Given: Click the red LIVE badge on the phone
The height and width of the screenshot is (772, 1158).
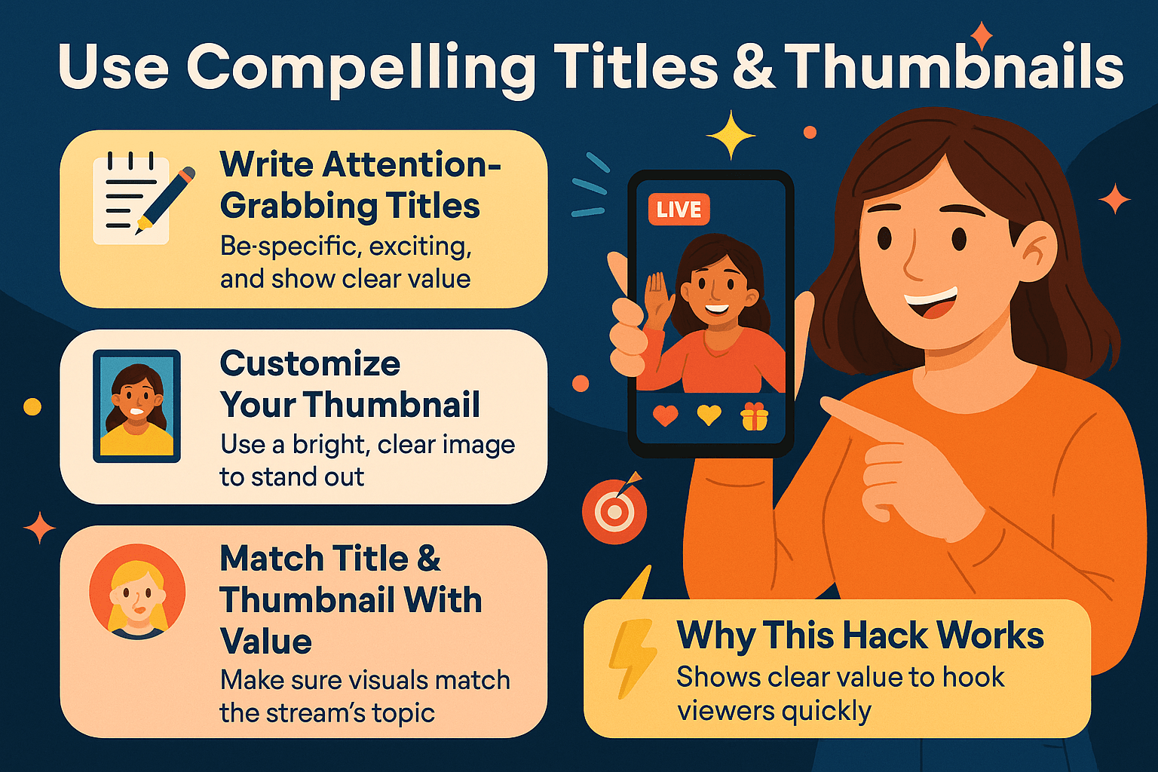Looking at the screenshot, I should click(x=679, y=209).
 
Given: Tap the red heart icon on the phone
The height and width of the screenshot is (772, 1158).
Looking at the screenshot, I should click(x=665, y=415).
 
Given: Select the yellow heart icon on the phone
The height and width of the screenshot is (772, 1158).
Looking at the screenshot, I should click(x=709, y=415).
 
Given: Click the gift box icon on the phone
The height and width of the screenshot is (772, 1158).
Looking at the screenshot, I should click(x=754, y=416).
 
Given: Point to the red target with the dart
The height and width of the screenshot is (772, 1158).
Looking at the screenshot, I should click(x=614, y=511).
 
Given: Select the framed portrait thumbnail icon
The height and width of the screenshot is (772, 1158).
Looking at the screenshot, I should click(x=136, y=406).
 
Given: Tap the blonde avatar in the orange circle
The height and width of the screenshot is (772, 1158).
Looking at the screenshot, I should click(x=137, y=591).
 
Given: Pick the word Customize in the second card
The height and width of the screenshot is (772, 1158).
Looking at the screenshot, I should click(x=310, y=363).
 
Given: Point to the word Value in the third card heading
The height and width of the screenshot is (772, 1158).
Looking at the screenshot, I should click(x=265, y=642).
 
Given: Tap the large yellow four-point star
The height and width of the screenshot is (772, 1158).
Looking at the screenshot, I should click(x=730, y=135).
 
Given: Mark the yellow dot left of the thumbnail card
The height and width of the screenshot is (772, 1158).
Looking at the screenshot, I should click(x=32, y=407).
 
